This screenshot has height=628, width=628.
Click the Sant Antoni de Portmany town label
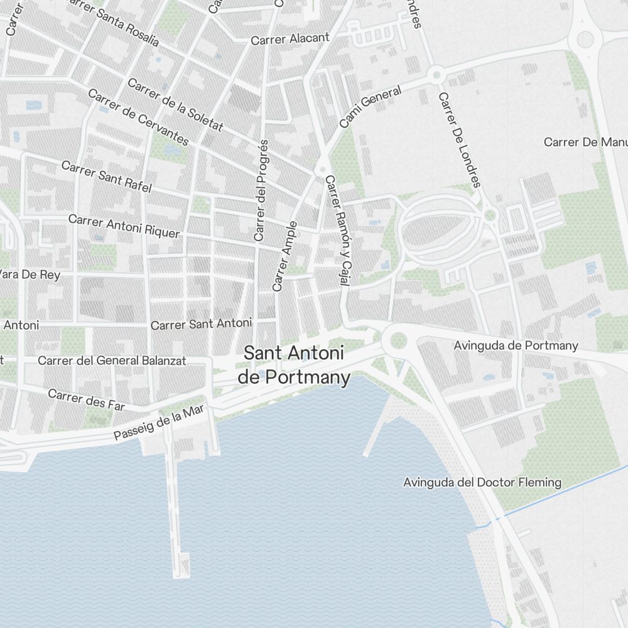coord(294,365)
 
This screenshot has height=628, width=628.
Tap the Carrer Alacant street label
coord(290,39)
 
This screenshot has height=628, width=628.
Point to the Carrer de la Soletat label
coord(175,105)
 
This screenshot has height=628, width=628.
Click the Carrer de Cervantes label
coord(138,117)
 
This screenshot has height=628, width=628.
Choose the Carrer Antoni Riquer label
coord(124,226)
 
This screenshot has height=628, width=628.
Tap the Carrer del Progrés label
coord(261,190)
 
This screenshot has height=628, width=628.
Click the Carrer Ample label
coord(284,256)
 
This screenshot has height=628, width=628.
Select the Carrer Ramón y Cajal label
coord(337,230)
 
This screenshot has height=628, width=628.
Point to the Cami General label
coord(370,107)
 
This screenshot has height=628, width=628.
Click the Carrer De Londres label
coord(460,140)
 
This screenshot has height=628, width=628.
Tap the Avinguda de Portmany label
coord(516,345)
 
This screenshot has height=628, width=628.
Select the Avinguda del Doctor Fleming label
coord(482,482)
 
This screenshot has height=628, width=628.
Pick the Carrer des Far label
coord(86,399)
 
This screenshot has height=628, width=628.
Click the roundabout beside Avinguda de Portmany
coord(399,340)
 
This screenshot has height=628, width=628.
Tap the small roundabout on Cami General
coord(436,75)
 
